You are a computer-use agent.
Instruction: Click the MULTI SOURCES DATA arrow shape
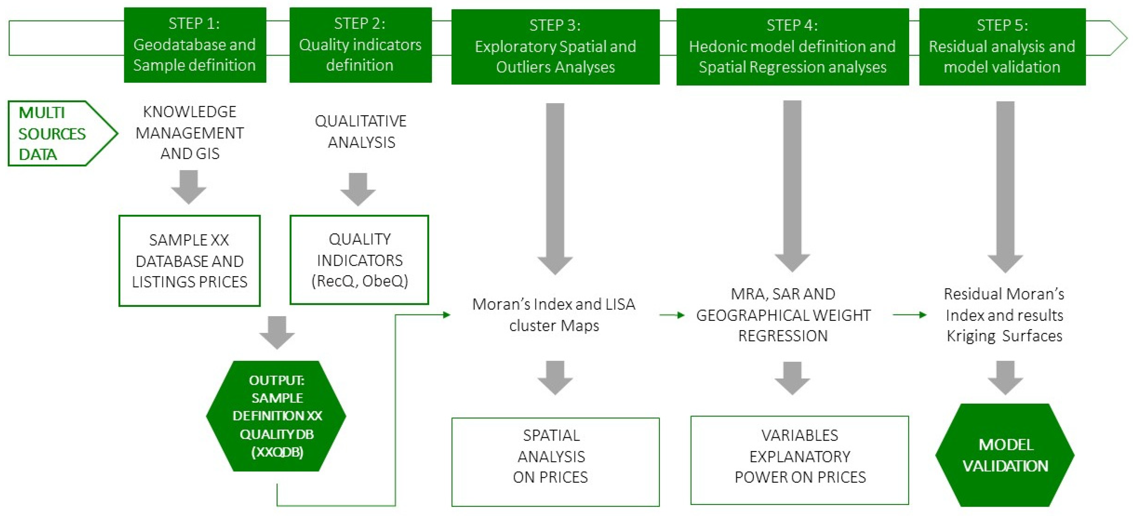click(x=57, y=133)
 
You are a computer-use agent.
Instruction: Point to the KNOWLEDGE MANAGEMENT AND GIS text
click(x=190, y=132)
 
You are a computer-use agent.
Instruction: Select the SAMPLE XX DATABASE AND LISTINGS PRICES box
click(x=190, y=260)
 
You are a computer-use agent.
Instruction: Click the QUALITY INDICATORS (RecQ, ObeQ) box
click(x=359, y=260)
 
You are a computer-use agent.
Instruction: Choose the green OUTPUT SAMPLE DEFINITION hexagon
click(x=276, y=416)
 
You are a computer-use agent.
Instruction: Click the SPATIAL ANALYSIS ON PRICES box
click(x=555, y=461)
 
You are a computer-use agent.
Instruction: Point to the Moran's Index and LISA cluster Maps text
click(x=554, y=315)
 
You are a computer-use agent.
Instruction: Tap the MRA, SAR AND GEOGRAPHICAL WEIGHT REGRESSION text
click(x=783, y=315)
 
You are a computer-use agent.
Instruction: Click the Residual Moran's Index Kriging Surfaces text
click(x=1004, y=315)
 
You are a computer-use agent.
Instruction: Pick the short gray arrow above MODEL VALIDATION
click(x=1005, y=377)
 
